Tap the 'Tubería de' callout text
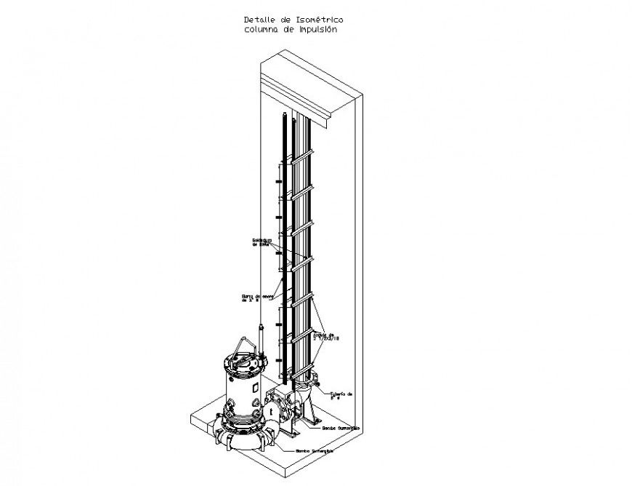tap(341, 394)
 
